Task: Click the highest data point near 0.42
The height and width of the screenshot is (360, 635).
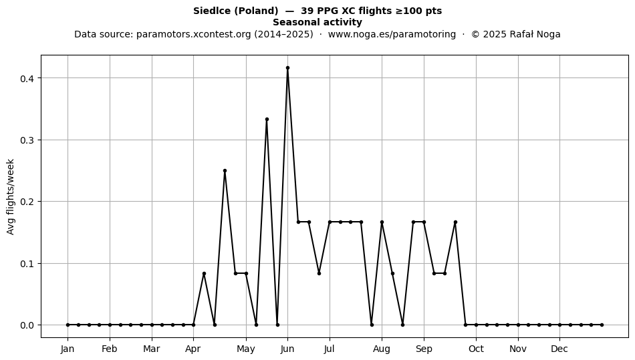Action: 287,68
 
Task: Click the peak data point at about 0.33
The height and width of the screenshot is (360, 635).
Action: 267,120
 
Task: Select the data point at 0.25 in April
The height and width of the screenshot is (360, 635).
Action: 225,171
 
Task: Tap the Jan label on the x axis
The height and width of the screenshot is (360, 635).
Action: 68,349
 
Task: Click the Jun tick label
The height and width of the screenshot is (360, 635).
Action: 287,349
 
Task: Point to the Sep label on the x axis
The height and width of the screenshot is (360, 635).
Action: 424,349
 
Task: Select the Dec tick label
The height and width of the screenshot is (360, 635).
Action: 559,349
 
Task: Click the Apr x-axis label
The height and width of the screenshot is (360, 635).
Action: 193,349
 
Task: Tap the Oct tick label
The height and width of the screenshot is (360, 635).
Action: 476,349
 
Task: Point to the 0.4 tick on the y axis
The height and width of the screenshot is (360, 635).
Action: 27,78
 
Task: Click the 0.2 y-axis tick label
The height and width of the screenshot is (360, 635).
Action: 27,202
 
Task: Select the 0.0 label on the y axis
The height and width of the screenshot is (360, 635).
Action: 27,325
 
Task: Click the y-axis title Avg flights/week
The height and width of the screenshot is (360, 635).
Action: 11,196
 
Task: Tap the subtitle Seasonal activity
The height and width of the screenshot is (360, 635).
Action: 317,22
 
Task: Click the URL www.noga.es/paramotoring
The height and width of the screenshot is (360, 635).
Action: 392,34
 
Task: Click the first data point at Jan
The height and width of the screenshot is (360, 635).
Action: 68,325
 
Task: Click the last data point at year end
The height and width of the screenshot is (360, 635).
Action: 602,325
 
